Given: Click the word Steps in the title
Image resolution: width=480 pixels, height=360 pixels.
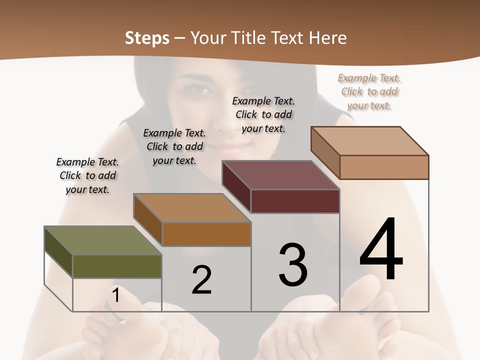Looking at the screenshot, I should (x=147, y=38).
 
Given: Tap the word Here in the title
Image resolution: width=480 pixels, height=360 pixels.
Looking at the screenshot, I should (x=327, y=38).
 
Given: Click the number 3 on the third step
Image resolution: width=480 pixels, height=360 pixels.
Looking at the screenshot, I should (x=293, y=265).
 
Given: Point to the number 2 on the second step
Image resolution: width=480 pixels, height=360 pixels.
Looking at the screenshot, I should (x=202, y=280).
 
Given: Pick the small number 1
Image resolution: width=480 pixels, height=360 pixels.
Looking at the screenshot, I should (x=115, y=295).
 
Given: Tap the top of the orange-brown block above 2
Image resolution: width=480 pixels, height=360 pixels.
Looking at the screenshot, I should (x=192, y=208).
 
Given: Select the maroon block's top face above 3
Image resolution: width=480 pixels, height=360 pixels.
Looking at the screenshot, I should (x=281, y=175).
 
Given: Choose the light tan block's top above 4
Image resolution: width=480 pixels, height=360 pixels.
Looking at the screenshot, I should (x=370, y=141).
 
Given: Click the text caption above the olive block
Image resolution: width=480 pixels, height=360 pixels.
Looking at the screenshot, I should (x=87, y=176).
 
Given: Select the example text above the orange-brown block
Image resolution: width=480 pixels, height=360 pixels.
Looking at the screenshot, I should (x=174, y=146).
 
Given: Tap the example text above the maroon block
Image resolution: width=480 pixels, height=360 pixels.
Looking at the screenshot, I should (x=263, y=114).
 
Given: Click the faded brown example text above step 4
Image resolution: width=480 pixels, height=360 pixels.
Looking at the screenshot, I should (x=369, y=92).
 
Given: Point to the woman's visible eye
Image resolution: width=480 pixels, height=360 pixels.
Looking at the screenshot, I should (x=200, y=90).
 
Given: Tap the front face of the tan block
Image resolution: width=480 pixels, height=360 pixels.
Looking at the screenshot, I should (x=384, y=167).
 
